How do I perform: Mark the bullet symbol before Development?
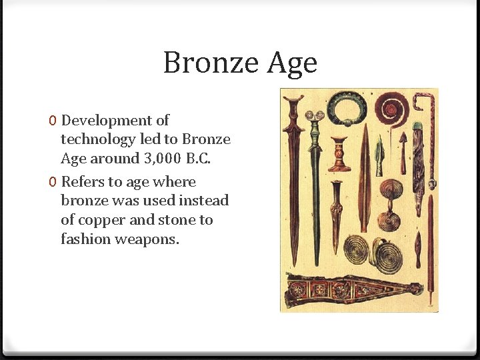point(53,121)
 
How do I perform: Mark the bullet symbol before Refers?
point(53,183)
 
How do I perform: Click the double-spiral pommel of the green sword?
point(314,115)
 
